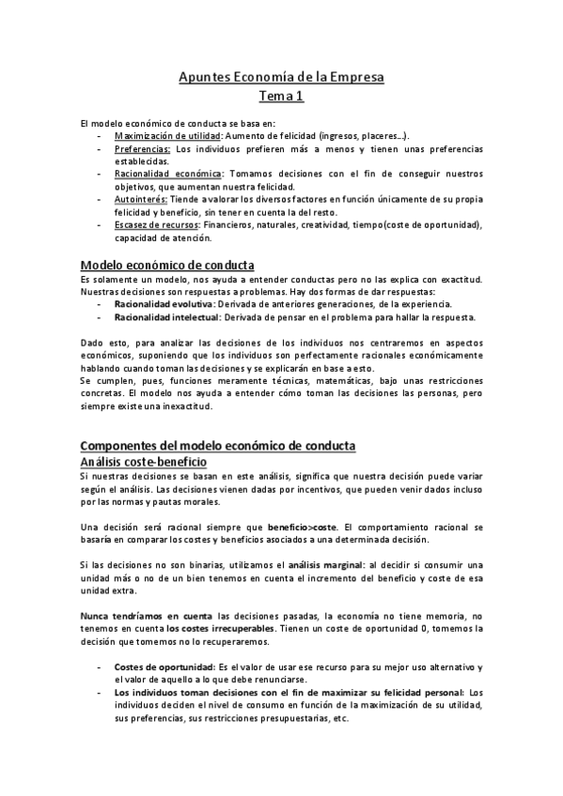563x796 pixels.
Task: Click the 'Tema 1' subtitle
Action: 281,96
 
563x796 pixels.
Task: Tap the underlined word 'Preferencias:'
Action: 142,148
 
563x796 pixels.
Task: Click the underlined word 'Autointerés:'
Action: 141,199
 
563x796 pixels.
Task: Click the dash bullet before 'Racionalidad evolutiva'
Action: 100,304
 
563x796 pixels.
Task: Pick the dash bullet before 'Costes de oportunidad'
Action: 100,667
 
